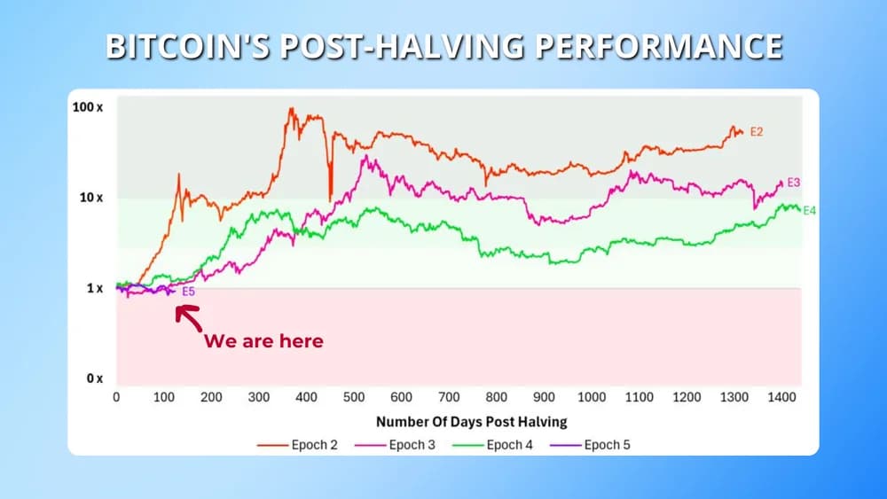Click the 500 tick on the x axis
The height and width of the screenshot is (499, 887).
coord(354,398)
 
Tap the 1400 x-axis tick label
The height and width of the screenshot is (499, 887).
coord(781,398)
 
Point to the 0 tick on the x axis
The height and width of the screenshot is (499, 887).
coord(116,398)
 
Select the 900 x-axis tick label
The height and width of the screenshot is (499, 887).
coord(544,398)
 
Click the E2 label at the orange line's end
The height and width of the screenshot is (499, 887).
coord(757,132)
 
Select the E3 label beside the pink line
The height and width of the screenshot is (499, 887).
coord(794,183)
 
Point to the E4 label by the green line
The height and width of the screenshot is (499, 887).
coord(809,211)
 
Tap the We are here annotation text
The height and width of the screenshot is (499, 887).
coord(264,341)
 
